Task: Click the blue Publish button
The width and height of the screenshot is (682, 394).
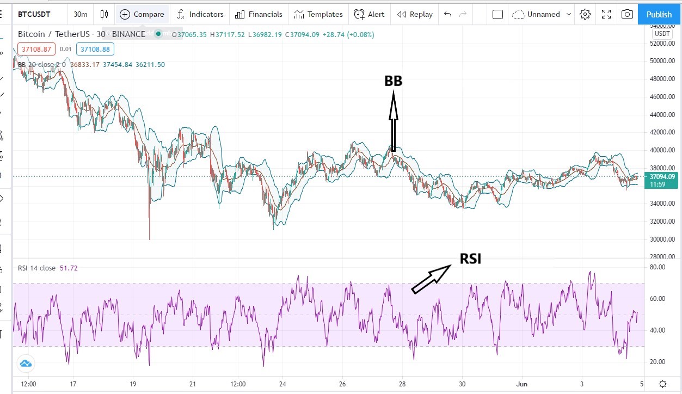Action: [x=659, y=14]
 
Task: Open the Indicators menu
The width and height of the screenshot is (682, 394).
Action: [x=200, y=14]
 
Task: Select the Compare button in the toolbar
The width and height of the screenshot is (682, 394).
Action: [x=142, y=14]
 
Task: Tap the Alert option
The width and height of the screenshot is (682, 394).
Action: [x=369, y=14]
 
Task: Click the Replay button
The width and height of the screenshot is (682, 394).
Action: [x=415, y=14]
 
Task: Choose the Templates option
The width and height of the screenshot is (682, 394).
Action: [x=318, y=14]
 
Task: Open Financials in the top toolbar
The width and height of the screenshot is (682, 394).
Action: [x=259, y=14]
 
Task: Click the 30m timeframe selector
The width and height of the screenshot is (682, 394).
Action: [x=81, y=14]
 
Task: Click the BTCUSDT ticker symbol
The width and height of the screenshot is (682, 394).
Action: [x=34, y=14]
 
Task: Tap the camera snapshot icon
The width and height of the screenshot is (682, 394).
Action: [x=627, y=14]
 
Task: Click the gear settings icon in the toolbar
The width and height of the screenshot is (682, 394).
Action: [x=585, y=14]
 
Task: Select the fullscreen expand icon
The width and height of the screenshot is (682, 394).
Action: [x=606, y=14]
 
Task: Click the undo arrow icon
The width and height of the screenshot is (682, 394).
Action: [x=447, y=14]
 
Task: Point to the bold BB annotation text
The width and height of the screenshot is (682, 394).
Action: [x=393, y=81]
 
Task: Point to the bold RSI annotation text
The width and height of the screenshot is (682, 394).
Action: [x=470, y=259]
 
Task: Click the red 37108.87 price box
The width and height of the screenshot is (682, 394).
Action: [x=36, y=50]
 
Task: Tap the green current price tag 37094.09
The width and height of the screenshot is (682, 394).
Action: [x=661, y=177]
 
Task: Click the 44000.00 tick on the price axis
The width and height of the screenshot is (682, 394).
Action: [x=662, y=115]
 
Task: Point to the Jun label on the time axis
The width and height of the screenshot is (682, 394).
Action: [x=521, y=384]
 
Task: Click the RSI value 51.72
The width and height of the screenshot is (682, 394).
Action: [x=69, y=268]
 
